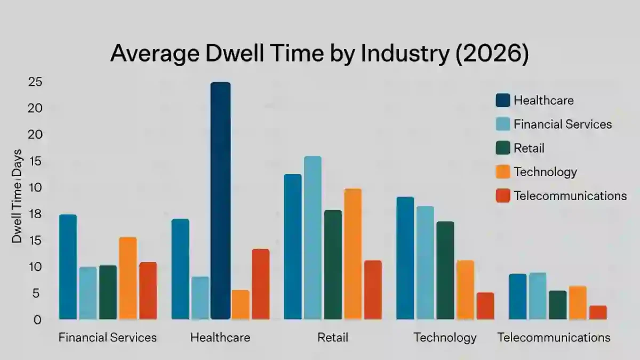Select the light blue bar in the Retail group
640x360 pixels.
point(313,237)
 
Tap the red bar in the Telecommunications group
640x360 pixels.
point(598,313)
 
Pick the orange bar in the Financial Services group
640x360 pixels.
point(127,278)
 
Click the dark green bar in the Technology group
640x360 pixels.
point(445,270)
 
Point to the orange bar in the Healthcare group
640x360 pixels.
point(240,305)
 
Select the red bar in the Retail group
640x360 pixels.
point(373,290)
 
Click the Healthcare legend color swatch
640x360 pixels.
point(502,100)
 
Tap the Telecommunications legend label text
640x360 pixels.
point(570,196)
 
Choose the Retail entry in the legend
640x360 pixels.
point(529,148)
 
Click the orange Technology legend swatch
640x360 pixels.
point(502,172)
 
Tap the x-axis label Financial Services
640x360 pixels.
point(107,338)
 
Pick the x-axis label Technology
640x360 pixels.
point(445,338)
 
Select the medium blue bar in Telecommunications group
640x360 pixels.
point(517,297)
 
